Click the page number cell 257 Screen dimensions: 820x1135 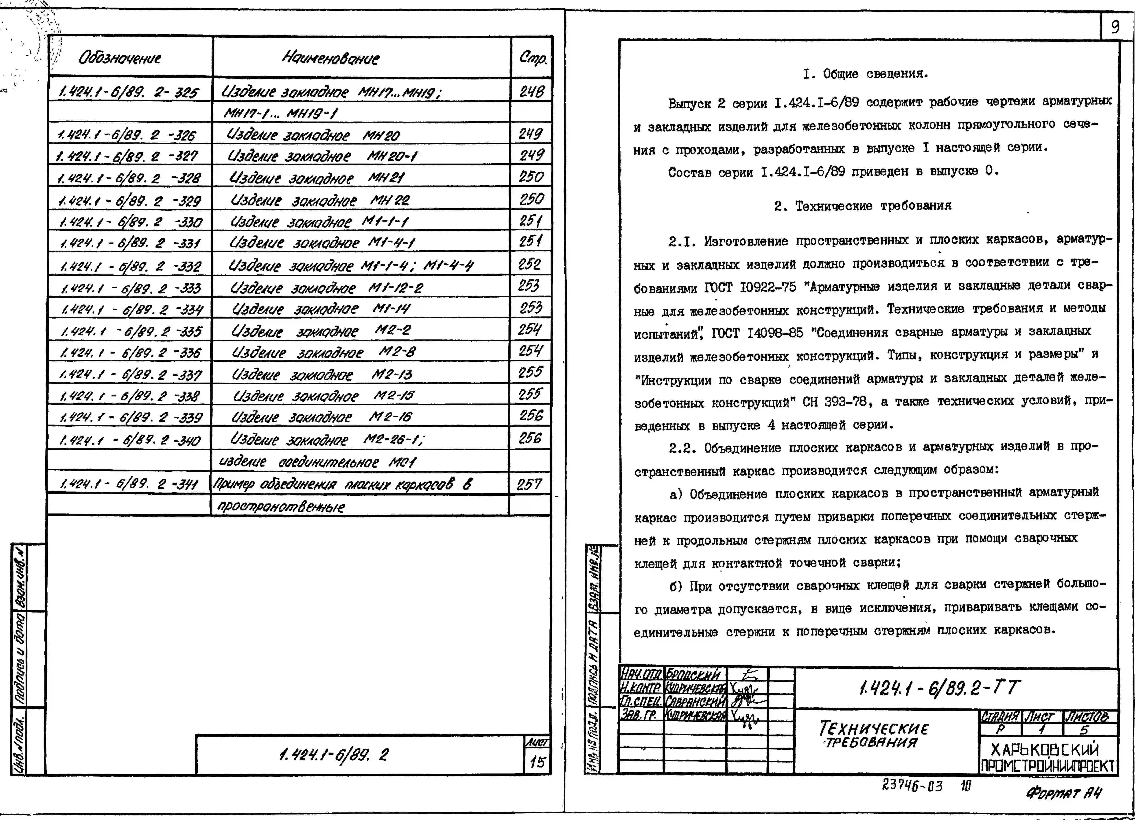[529, 484]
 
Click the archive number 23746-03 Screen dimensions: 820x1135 [912, 786]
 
